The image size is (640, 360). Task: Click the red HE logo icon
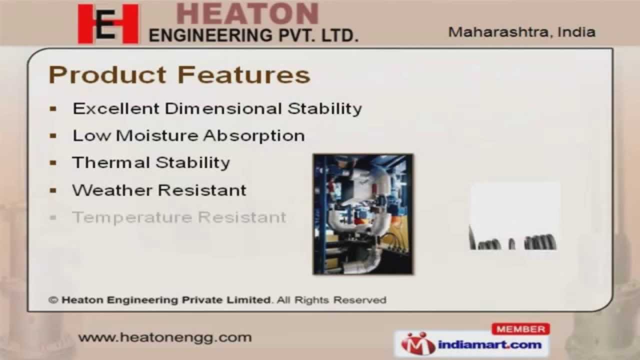click(108, 24)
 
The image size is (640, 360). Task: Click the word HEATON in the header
click(247, 13)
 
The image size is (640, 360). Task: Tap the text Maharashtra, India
click(521, 32)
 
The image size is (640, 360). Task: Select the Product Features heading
click(179, 75)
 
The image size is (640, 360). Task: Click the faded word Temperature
click(132, 217)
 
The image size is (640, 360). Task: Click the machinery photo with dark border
click(363, 214)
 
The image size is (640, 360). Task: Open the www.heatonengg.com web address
click(165, 337)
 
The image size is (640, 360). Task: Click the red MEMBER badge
click(520, 329)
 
